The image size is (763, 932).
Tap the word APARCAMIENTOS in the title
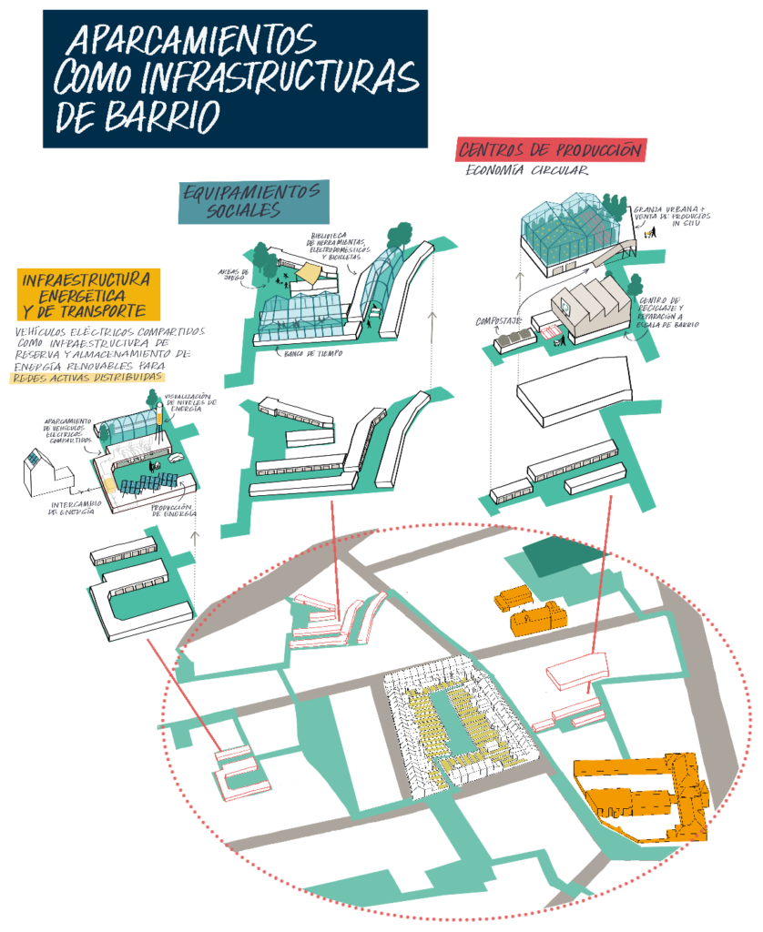[192, 40]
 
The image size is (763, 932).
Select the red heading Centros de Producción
[551, 150]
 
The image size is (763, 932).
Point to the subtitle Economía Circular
[527, 170]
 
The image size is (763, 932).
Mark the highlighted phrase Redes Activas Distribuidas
[88, 377]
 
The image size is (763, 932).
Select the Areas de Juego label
[233, 275]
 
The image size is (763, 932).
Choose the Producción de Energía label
[177, 511]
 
